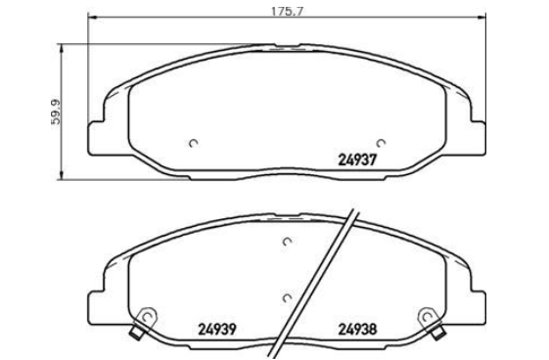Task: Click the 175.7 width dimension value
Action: (x=287, y=12)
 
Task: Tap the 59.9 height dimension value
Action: (x=56, y=112)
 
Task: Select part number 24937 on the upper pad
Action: (x=357, y=159)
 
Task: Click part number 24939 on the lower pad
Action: (x=217, y=330)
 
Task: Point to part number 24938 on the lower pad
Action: (x=357, y=330)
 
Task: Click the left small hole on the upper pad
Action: (x=193, y=143)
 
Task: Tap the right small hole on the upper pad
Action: (x=381, y=143)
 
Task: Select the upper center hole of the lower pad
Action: (x=287, y=242)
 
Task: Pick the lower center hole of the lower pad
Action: (x=287, y=298)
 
